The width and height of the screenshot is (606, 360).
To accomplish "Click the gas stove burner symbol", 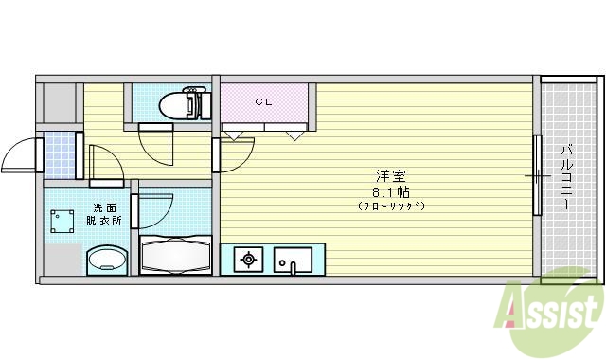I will point(249,259).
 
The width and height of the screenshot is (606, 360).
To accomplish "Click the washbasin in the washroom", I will point(106,260).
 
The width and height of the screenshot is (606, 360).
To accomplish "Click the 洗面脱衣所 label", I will point(106,213).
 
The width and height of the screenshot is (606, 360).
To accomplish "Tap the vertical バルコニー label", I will point(566,176).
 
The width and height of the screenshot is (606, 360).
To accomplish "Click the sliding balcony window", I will point(537,176).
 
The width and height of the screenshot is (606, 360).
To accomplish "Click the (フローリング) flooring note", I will point(390,206).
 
